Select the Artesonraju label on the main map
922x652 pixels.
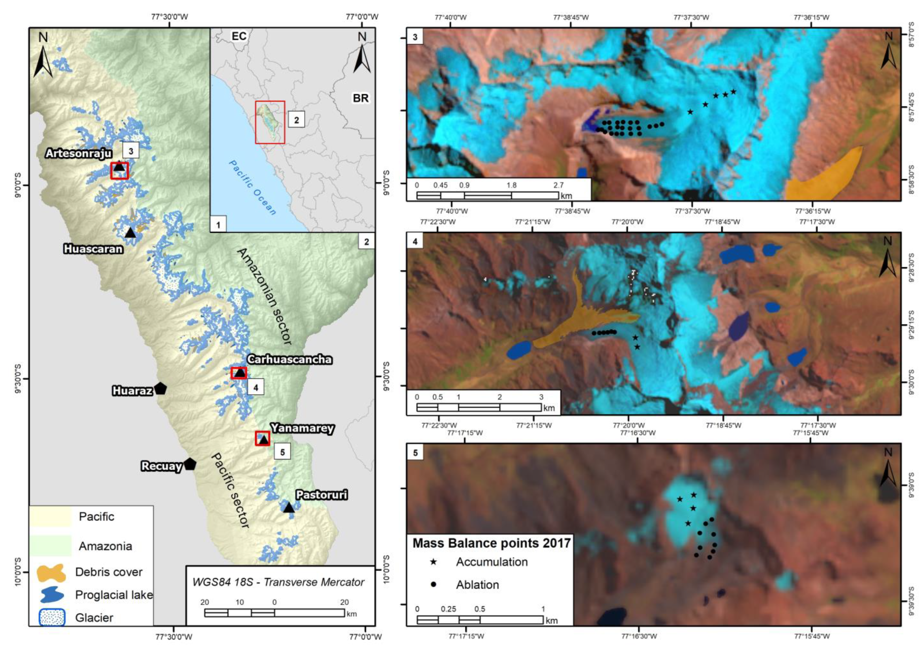[x=79, y=153]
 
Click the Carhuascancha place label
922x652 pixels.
[x=289, y=359]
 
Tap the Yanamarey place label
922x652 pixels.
[x=302, y=428]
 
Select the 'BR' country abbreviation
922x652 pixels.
[x=361, y=98]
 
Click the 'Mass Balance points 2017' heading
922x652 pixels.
[x=491, y=543]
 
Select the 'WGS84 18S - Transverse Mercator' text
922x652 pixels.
[x=278, y=582]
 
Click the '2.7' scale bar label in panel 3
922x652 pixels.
[x=558, y=185]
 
